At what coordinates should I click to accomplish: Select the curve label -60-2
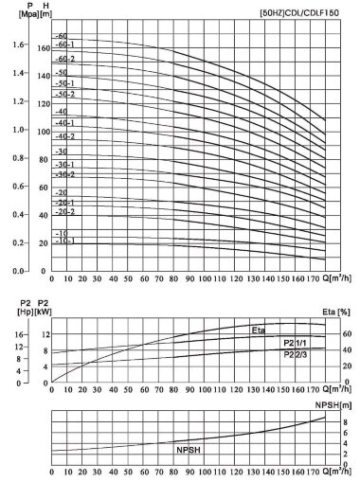65,59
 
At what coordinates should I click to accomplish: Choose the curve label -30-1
65,165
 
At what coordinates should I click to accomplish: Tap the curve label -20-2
65,212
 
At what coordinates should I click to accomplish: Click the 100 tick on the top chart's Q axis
205,279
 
